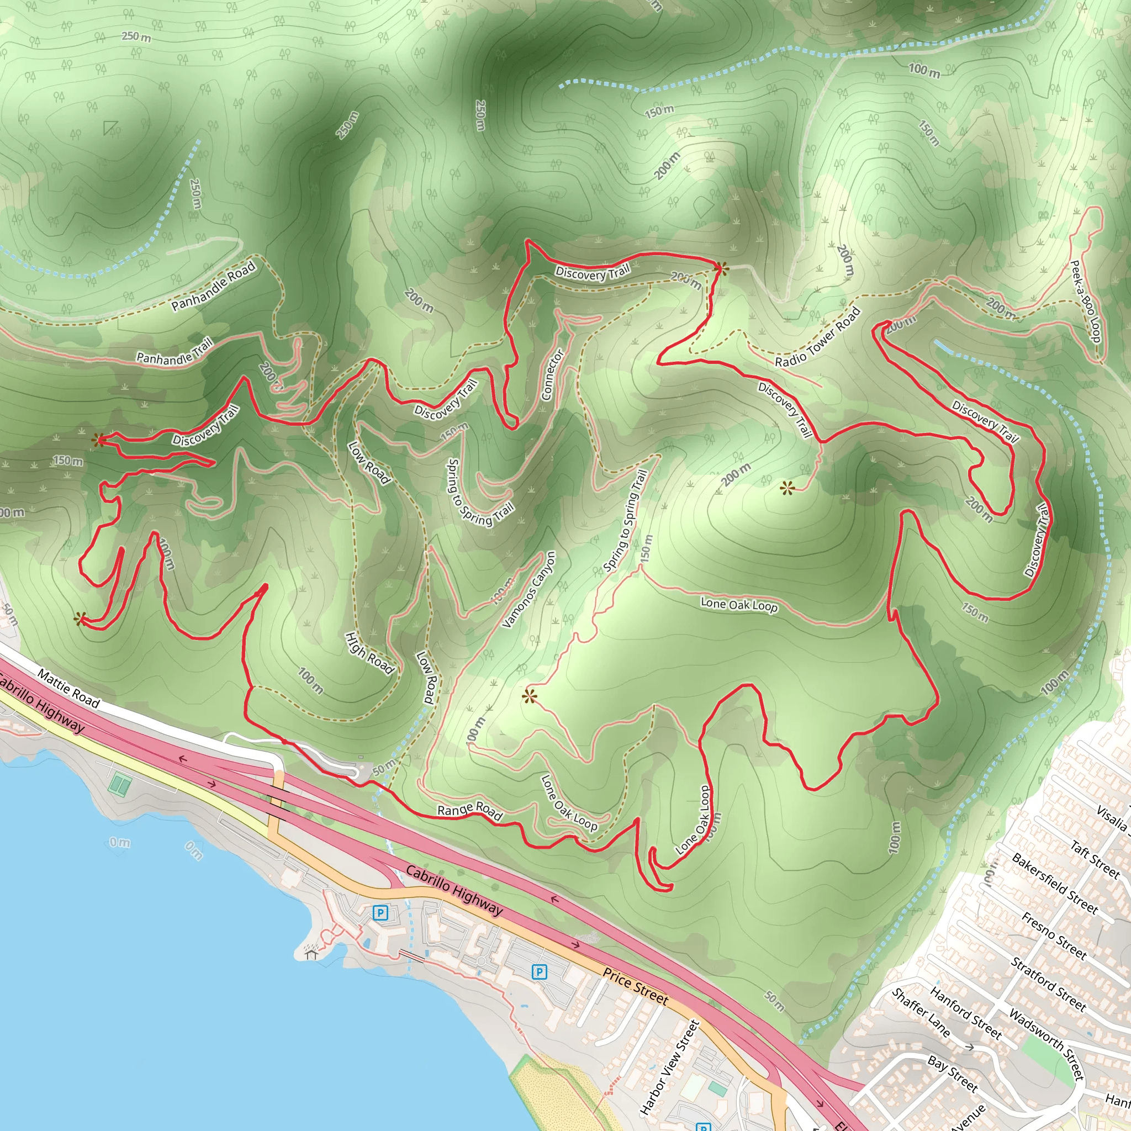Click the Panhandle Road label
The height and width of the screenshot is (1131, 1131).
click(x=213, y=286)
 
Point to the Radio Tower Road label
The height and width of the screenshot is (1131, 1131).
click(x=817, y=337)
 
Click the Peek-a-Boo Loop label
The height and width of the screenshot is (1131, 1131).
click(x=1086, y=301)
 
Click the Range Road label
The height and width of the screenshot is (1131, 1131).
click(x=470, y=811)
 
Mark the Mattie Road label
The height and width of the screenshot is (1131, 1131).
click(x=68, y=689)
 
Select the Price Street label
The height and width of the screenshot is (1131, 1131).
click(x=635, y=987)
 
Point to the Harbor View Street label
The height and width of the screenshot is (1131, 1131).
click(x=670, y=1067)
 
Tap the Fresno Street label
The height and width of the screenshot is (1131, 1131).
click(x=1054, y=936)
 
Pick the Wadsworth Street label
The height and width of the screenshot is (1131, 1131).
click(x=1047, y=1044)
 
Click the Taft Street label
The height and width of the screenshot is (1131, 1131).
click(x=1095, y=859)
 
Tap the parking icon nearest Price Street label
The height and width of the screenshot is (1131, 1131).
click(x=539, y=973)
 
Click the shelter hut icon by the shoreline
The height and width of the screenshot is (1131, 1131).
click(x=311, y=954)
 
